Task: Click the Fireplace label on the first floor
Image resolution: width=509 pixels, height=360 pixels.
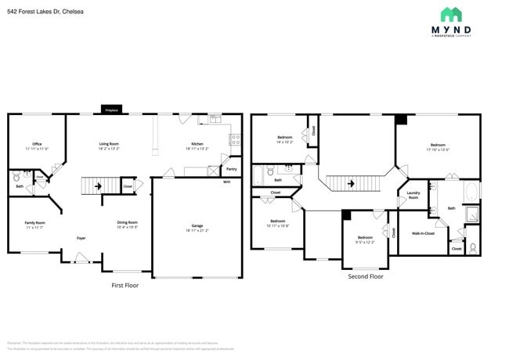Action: (x=111, y=111)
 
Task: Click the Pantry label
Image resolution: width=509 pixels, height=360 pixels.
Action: (x=231, y=168)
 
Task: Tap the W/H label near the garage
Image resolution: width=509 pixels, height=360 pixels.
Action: (x=226, y=182)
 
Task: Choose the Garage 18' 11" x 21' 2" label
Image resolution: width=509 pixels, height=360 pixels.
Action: (x=197, y=228)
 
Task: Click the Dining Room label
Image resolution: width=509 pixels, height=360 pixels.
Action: (x=128, y=224)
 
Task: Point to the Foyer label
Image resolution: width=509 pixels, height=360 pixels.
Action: (x=81, y=238)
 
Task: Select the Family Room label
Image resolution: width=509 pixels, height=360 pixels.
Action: (x=35, y=225)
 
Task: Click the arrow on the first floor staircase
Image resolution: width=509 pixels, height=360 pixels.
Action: (x=98, y=186)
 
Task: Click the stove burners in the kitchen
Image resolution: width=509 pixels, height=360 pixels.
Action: (x=233, y=140)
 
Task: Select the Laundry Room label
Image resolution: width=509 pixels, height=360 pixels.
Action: (x=413, y=196)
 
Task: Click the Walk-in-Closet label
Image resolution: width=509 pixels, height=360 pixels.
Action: (x=424, y=232)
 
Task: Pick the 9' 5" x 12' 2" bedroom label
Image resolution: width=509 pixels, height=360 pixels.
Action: (x=366, y=239)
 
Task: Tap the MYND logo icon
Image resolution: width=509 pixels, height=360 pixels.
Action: (x=450, y=14)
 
